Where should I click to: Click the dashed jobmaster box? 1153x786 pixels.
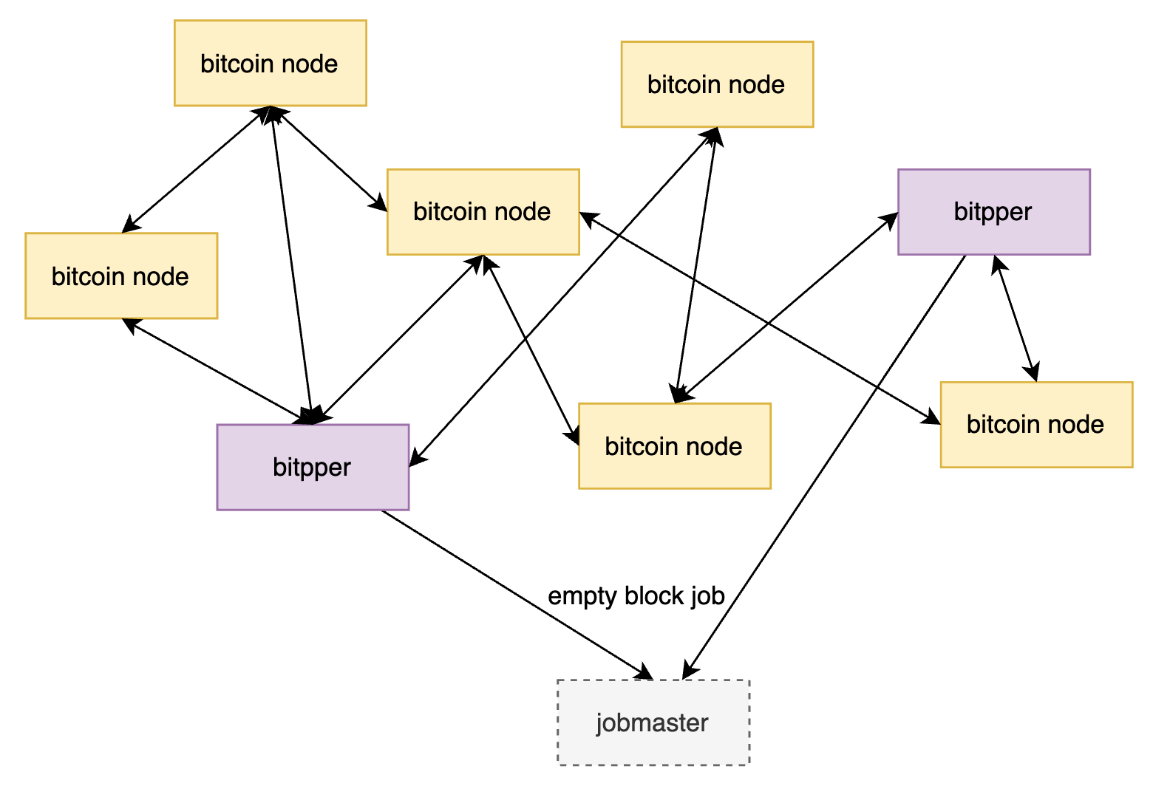[x=653, y=722]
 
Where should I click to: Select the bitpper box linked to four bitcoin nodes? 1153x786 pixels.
[x=313, y=467]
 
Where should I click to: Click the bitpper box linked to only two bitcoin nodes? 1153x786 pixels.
[x=993, y=212]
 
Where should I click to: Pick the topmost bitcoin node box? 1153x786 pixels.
[x=270, y=64]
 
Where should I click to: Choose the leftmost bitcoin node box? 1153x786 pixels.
[x=121, y=276]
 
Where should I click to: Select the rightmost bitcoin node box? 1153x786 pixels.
[x=1035, y=425]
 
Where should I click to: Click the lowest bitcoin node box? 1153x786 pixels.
[x=674, y=446]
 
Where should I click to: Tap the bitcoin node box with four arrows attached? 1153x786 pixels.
[x=483, y=212]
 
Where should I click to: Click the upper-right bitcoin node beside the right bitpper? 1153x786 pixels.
[x=716, y=84]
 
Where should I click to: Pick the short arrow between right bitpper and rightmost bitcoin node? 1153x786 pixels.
[x=1016, y=318]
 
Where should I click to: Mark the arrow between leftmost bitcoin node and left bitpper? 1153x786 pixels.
[x=218, y=371]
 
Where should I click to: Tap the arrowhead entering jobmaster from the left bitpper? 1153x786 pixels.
[x=644, y=673]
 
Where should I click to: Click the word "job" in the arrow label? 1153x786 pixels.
[x=707, y=596]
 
